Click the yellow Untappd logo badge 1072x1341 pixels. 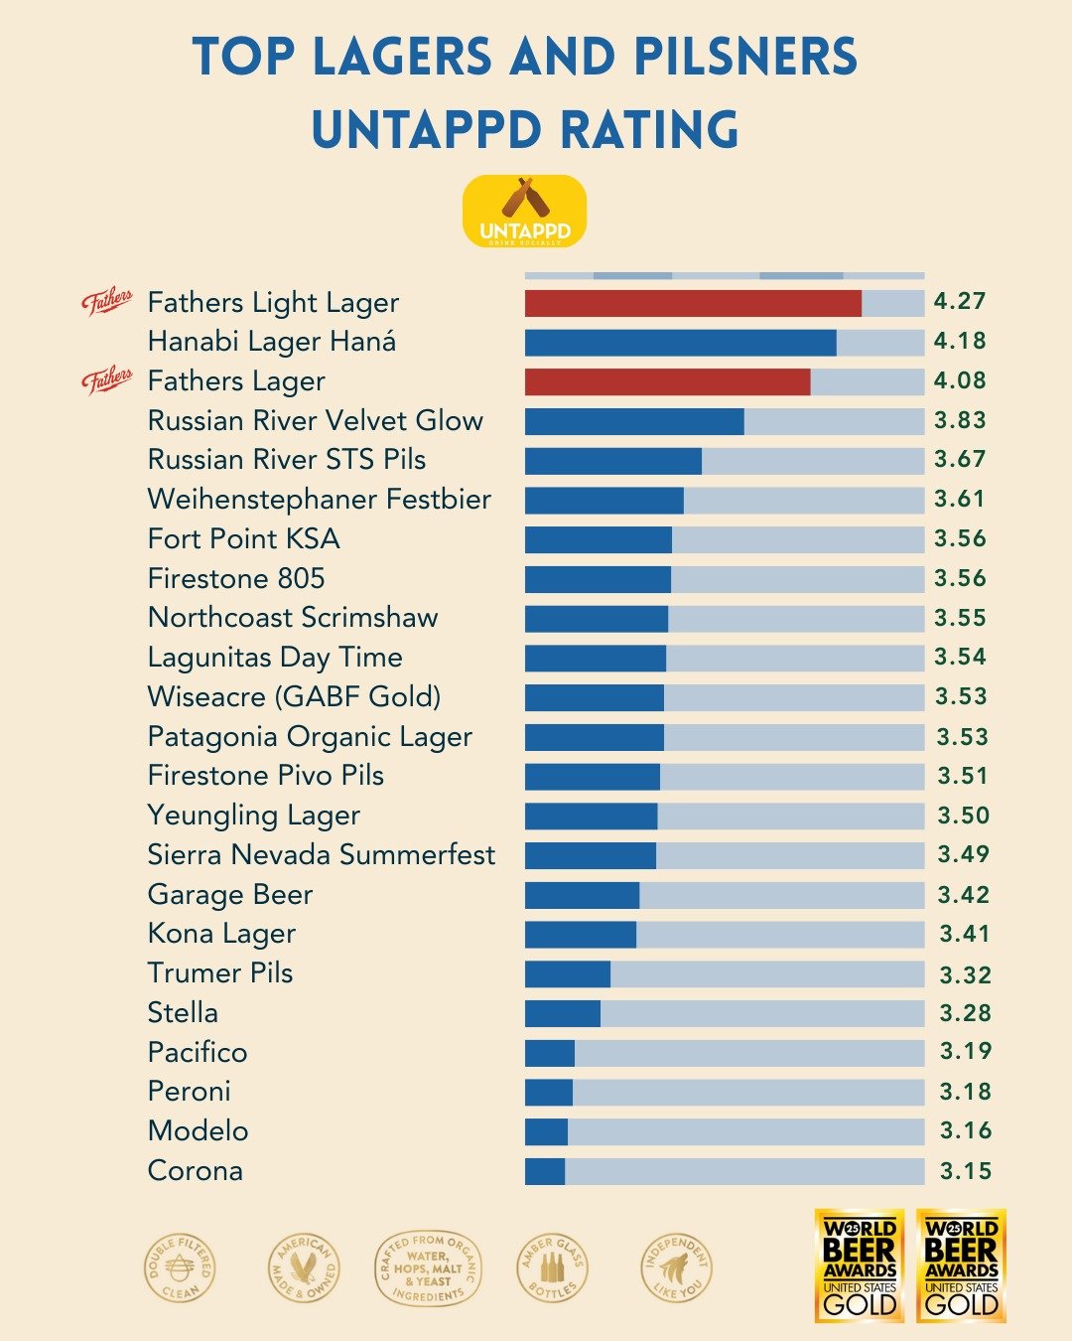coord(525,211)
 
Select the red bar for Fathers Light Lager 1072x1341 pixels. coord(693,303)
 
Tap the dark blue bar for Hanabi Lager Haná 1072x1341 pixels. coord(680,343)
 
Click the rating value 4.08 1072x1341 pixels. coord(960,380)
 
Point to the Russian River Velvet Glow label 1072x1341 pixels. coord(315,420)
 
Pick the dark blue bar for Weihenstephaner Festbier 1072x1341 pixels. coord(603,500)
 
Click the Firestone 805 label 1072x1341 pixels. coord(236,578)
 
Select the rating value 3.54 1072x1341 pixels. coord(960,657)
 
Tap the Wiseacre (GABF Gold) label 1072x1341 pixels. coord(294,696)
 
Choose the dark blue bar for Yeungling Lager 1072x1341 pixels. coord(591,817)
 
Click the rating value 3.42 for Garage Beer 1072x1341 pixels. coord(963,895)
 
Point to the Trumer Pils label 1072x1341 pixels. coord(220,972)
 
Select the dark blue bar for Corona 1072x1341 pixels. coord(545,1171)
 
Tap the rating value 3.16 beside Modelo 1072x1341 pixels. coord(965,1130)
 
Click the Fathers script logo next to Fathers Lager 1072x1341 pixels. coord(107,379)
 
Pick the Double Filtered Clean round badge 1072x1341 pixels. coord(180,1268)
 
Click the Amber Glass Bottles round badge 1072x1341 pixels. coord(552,1268)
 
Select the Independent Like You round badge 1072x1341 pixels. coord(676,1268)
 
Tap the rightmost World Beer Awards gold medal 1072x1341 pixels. coord(961,1266)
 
